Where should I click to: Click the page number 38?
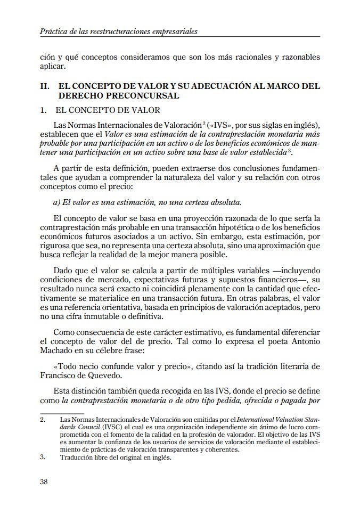44,482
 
